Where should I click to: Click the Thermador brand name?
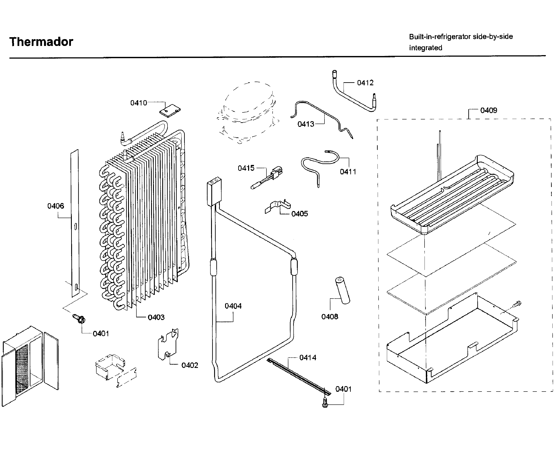[x=41, y=42]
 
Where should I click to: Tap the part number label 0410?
[x=138, y=103]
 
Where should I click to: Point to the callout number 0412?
[x=365, y=83]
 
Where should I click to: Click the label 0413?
[x=306, y=124]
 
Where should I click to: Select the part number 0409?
[x=488, y=110]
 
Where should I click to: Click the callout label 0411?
[x=348, y=172]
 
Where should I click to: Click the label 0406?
[x=56, y=206]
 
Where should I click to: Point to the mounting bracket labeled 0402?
[x=168, y=345]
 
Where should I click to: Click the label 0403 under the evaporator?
[x=156, y=317]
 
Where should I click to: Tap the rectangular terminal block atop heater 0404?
[x=214, y=191]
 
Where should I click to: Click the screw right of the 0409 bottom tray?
[x=517, y=304]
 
